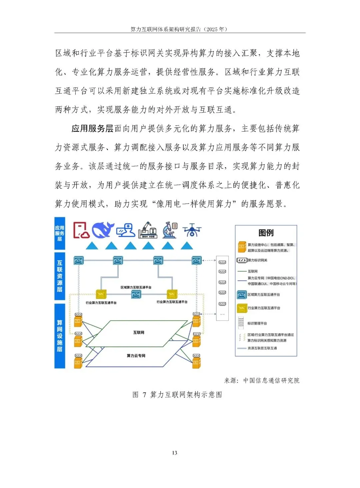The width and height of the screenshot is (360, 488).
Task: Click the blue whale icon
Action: (103, 230)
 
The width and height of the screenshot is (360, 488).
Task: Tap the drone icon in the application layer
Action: (192, 230)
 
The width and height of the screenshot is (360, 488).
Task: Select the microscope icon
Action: (170, 230)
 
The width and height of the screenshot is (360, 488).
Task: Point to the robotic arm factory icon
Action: (147, 230)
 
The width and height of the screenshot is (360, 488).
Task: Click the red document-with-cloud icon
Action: (81, 230)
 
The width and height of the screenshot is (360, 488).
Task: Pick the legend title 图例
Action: (266, 233)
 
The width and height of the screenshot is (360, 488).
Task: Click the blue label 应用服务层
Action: (60, 233)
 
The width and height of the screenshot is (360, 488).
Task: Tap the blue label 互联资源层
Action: (60, 276)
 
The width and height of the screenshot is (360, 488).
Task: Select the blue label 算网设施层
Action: (60, 336)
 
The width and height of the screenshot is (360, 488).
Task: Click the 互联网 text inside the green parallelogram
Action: (139, 332)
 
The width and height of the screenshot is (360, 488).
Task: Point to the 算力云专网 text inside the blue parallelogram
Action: (136, 356)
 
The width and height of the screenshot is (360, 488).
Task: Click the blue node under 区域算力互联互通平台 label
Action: (136, 294)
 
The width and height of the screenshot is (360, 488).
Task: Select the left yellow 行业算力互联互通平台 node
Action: (101, 294)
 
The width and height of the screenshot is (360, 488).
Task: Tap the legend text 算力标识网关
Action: (257, 260)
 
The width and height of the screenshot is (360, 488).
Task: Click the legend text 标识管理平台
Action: (257, 323)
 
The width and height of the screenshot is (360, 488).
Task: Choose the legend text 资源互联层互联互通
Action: (262, 348)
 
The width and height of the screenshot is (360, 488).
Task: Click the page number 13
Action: (175, 453)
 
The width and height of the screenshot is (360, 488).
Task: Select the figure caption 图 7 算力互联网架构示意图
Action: (177, 395)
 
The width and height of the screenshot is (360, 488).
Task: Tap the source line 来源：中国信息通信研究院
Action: (262, 380)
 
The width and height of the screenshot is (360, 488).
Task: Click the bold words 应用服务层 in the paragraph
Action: (92, 129)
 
